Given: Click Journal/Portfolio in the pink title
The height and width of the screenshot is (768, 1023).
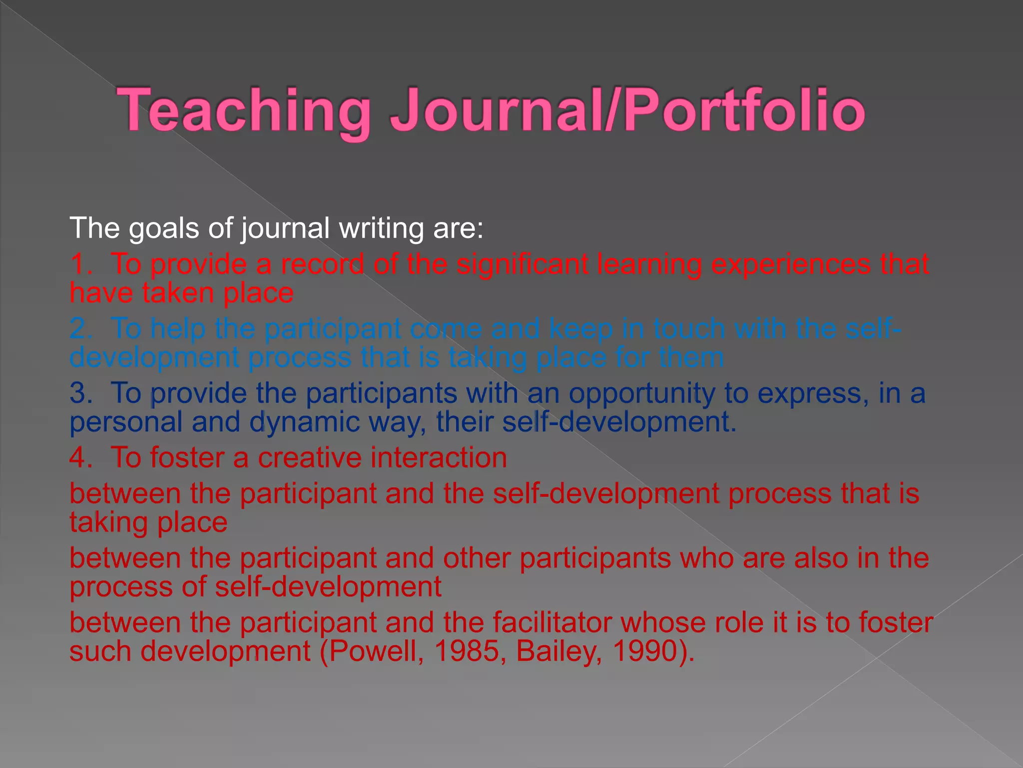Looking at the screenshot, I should click(x=627, y=110).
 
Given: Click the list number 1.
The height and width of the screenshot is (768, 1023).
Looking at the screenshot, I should click(x=80, y=264).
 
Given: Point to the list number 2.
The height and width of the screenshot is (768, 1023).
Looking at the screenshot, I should click(x=80, y=329).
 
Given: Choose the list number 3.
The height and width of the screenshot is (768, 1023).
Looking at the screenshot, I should click(x=80, y=393).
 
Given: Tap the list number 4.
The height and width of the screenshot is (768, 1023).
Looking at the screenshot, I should click(x=80, y=458).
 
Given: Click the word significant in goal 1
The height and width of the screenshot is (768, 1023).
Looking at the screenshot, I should click(x=522, y=264).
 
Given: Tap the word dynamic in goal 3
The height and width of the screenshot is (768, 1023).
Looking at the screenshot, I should click(x=304, y=422).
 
